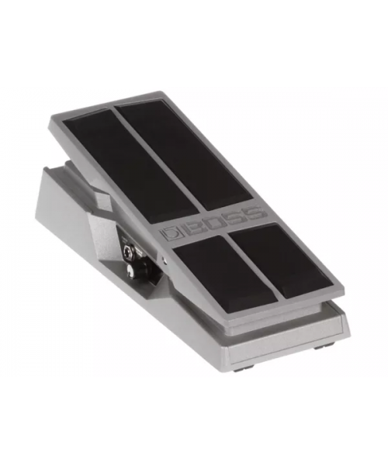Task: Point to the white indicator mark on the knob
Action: coord(129,269)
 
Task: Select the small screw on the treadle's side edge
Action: coord(165,260)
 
